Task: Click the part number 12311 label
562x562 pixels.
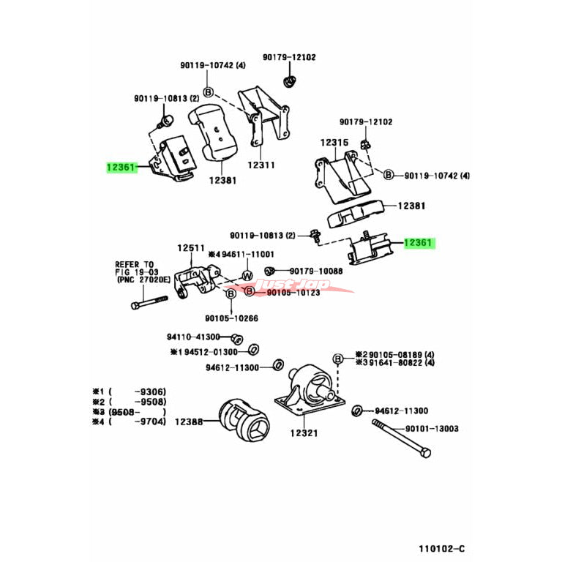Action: coord(261,165)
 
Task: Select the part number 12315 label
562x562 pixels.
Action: coord(334,145)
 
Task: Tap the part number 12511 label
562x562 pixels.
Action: coord(190,249)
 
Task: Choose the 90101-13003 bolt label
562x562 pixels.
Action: coord(432,428)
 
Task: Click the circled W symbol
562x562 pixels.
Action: coord(247,275)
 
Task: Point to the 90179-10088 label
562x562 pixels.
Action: coord(315,271)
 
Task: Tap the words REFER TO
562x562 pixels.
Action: coord(134,263)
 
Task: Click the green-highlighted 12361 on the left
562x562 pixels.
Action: coord(121,168)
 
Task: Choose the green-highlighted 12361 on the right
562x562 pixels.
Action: coord(419,244)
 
